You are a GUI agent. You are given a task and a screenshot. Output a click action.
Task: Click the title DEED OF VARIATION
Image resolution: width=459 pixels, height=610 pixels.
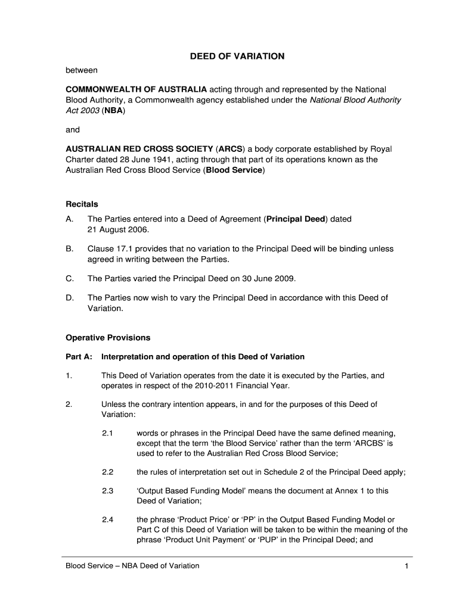pos(237,57)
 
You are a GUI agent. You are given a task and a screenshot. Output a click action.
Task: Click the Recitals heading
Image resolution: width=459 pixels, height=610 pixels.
pos(82,204)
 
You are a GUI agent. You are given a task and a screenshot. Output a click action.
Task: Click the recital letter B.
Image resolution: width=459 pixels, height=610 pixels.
pos(69,248)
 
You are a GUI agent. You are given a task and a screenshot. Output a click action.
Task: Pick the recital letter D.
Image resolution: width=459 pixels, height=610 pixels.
pos(69,297)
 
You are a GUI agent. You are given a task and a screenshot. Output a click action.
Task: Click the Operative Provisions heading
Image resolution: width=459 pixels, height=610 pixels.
pos(108,338)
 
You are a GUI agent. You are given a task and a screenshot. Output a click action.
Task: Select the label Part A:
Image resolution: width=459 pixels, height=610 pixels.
pos(79,357)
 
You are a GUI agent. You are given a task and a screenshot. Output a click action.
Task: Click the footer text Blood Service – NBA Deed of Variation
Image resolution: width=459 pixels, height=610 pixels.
pos(132,565)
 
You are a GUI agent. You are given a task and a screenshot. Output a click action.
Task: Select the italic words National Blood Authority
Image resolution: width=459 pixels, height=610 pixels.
pos(355,100)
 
